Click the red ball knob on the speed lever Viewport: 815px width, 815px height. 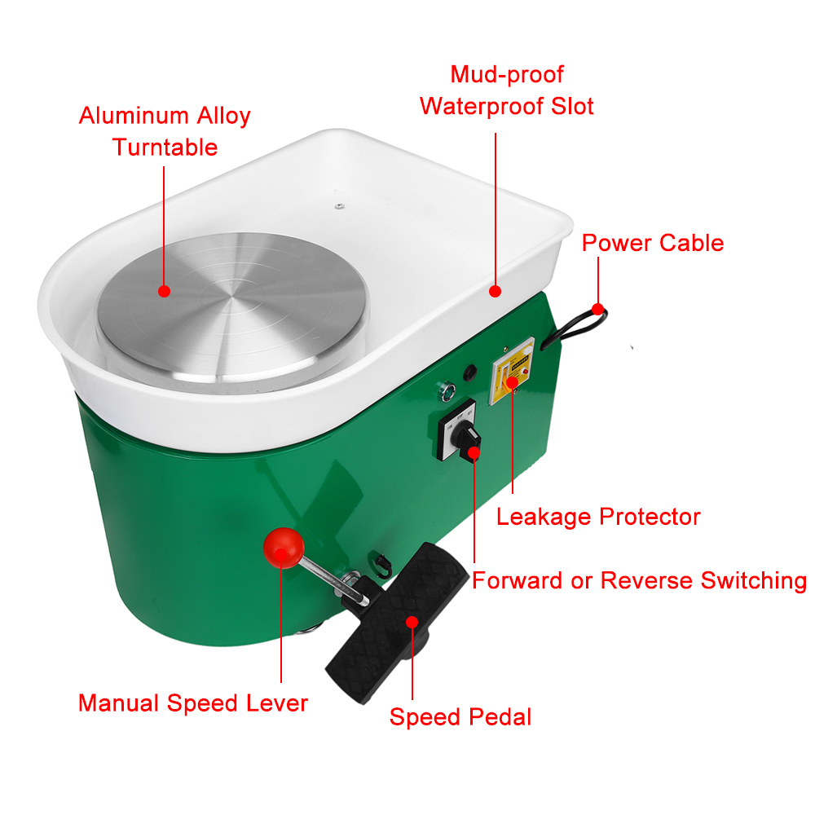284,548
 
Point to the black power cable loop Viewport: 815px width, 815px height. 575,328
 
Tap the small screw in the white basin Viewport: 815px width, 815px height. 339,206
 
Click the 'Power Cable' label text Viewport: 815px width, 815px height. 652,243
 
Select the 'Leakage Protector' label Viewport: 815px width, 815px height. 598,517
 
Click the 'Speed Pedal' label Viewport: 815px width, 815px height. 460,717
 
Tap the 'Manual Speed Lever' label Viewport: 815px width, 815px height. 193,703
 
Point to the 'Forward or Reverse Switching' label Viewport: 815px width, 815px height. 639,580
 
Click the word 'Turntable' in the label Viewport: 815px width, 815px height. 165,147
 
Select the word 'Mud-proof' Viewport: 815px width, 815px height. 507,74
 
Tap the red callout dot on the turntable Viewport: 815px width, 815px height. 165,292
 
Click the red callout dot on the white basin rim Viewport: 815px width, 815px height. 496,292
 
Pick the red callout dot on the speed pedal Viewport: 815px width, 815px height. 412,622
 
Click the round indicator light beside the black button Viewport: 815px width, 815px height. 447,391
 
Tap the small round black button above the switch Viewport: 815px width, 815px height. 470,372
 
